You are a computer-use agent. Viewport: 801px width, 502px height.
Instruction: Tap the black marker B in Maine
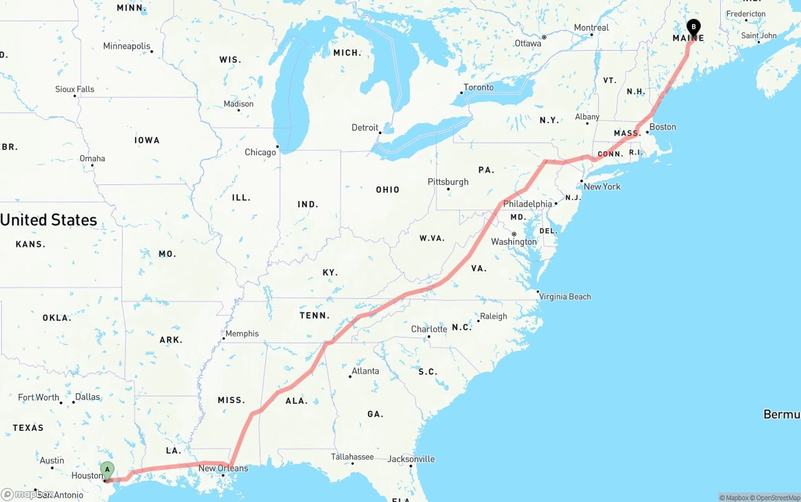point(693,27)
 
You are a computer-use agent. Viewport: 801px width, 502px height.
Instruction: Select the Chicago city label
point(260,152)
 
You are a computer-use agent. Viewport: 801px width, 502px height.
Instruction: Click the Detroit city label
point(365,128)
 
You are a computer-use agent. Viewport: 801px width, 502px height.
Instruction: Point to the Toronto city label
point(478,88)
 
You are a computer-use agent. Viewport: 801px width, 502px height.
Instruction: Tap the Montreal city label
point(591,28)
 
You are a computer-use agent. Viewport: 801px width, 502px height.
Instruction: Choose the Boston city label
point(662,127)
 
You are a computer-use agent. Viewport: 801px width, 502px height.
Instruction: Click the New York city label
point(601,186)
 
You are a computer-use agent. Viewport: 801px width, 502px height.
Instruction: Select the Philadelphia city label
point(528,204)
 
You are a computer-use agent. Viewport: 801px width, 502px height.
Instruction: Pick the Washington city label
point(514,242)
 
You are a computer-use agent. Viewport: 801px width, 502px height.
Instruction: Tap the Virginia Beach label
point(564,296)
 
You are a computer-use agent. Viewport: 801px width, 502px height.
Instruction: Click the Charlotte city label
point(429,329)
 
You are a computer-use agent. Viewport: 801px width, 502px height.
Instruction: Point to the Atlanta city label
point(365,371)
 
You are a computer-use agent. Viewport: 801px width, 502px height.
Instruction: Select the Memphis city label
point(242,333)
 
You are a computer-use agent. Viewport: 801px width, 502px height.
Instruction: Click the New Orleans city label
point(223,468)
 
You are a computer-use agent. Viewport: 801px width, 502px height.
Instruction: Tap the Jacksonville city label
point(411,459)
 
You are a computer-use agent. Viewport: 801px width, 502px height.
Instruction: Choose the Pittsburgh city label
point(448,182)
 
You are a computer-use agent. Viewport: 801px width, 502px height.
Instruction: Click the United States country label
point(49,220)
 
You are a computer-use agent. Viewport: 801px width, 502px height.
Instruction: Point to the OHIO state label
point(387,189)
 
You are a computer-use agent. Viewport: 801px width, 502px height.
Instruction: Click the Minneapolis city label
point(126,46)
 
